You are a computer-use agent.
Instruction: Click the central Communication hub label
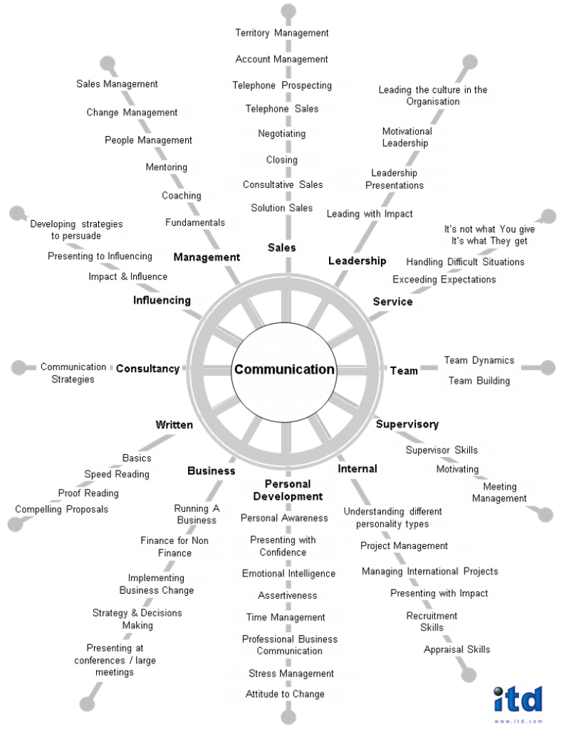pos(283,369)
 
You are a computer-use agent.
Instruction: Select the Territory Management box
pos(282,33)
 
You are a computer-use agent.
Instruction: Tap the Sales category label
pos(281,248)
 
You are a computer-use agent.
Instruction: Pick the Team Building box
pos(479,381)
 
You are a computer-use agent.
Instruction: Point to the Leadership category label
pos(357,261)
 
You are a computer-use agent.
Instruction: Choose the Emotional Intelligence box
pos(288,573)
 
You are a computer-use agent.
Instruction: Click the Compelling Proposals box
pos(62,509)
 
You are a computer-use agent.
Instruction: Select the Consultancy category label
pos(147,369)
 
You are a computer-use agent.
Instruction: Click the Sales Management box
pos(117,84)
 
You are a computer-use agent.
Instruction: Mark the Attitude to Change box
pos(285,694)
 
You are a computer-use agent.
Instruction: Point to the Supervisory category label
pos(407,424)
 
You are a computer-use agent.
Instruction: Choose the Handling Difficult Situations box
pos(465,262)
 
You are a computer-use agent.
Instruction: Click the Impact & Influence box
pos(128,276)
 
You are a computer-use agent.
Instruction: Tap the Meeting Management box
pos(499,493)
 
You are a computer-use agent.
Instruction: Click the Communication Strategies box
pos(73,373)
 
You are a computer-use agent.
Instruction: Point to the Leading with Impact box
pos(370,214)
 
